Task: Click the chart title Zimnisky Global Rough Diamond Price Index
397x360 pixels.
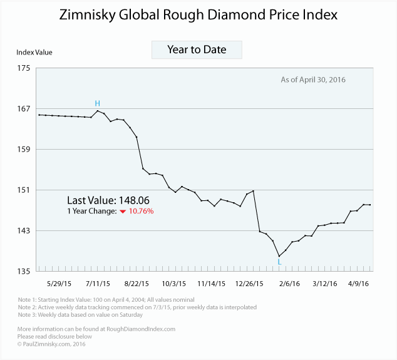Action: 198,14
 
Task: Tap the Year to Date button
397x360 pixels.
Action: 197,49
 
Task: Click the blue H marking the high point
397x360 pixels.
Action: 97,103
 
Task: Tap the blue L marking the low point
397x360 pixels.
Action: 279,262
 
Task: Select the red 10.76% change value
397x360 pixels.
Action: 141,212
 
